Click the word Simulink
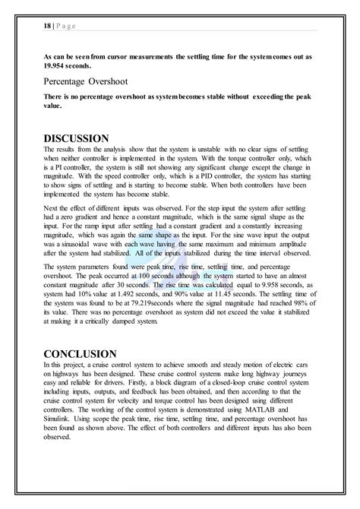pos(60,416)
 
